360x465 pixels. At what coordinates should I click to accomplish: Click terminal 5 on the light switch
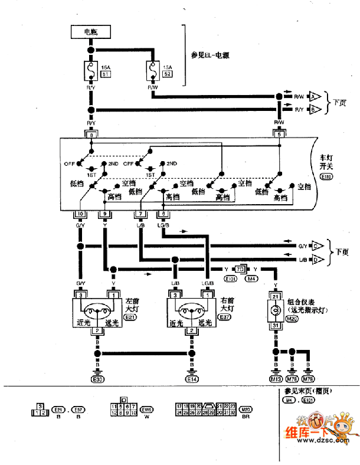(280, 135)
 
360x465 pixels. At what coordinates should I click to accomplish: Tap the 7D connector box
(240, 269)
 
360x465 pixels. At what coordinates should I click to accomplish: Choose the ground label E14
(192, 379)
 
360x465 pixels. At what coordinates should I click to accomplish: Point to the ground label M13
(276, 379)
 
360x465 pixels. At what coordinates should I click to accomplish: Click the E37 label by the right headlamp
(224, 317)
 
